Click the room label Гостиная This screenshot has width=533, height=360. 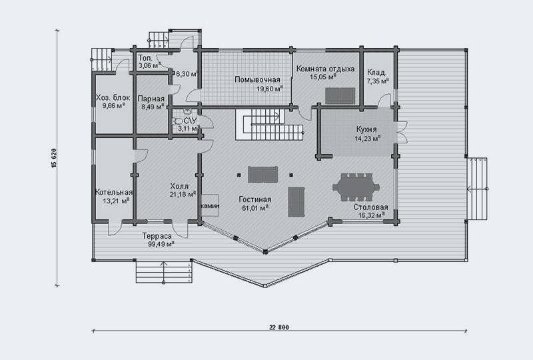pyautogui.click(x=255, y=200)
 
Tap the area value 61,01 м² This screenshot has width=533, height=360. pyautogui.click(x=255, y=208)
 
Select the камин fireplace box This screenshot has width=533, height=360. pyautogui.click(x=210, y=205)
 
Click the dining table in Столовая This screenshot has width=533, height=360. pyautogui.click(x=356, y=187)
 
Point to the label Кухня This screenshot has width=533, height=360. pyautogui.click(x=366, y=129)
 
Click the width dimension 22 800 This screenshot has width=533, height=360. pyautogui.click(x=279, y=327)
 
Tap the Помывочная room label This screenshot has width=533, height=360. pyautogui.click(x=257, y=79)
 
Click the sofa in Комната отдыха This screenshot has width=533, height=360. pyautogui.click(x=340, y=95)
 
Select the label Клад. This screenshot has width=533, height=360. pyautogui.click(x=376, y=73)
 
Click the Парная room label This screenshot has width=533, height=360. pyautogui.click(x=151, y=99)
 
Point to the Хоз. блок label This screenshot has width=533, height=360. pyautogui.click(x=113, y=97)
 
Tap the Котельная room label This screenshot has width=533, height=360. pyautogui.click(x=114, y=192)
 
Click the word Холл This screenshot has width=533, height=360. pyautogui.click(x=179, y=186)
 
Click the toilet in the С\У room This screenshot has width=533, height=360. pyautogui.click(x=177, y=121)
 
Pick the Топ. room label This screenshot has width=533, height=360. pyautogui.click(x=145, y=58)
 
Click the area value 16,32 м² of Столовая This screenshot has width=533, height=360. pyautogui.click(x=372, y=215)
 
